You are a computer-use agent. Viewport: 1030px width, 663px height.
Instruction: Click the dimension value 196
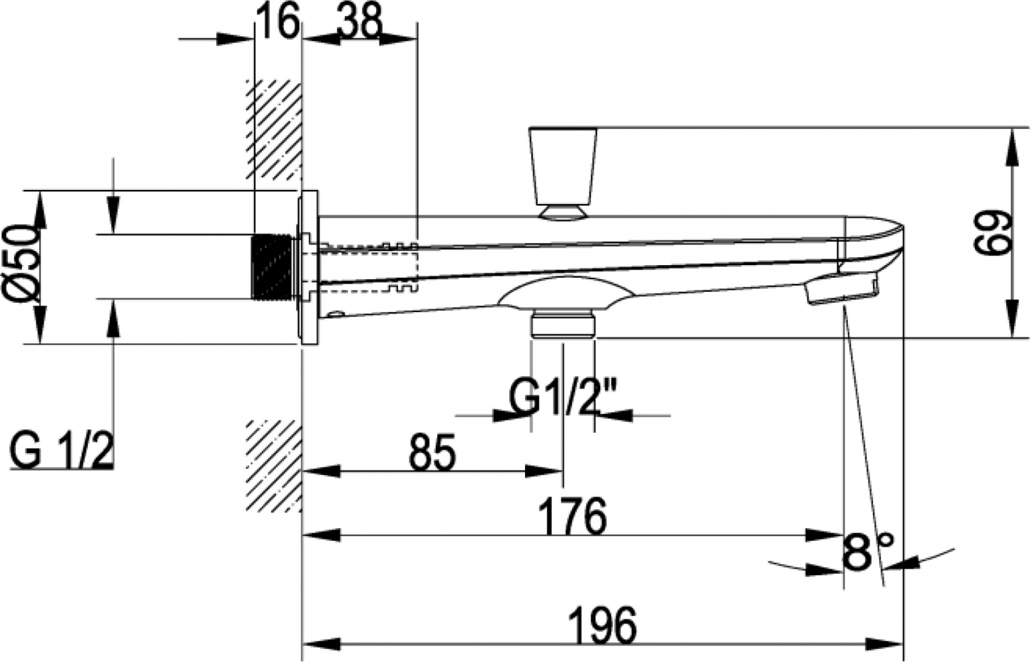coord(602,626)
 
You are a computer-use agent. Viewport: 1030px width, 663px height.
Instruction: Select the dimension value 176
coord(572,517)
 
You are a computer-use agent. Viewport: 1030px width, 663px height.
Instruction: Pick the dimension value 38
coord(360,21)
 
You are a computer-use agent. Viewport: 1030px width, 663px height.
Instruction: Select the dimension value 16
coord(277,21)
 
